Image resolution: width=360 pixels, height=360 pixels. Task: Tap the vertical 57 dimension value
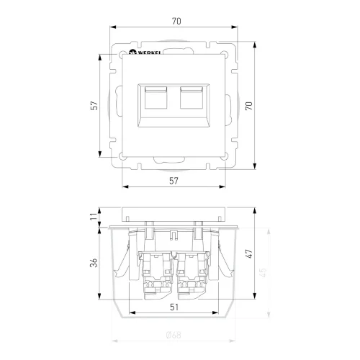click(94, 105)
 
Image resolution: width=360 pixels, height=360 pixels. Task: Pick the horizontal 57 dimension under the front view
click(176, 180)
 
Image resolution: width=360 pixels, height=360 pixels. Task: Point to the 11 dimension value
click(94, 217)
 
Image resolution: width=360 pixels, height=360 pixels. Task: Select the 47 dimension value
click(250, 254)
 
